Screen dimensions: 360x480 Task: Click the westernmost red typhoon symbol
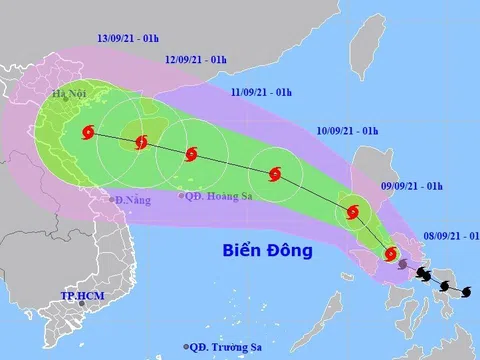[x=89, y=131]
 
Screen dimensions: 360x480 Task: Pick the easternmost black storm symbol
[x=466, y=292]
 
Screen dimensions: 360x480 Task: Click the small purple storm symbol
[x=402, y=264]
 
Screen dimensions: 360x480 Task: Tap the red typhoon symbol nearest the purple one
[x=389, y=254]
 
